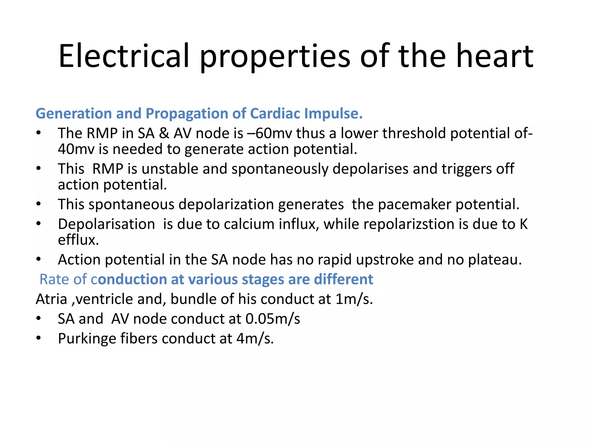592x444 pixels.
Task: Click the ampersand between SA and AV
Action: tap(164, 133)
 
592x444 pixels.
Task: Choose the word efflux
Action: tap(78, 240)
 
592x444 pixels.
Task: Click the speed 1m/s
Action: tap(354, 299)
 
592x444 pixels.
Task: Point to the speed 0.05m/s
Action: tap(273, 319)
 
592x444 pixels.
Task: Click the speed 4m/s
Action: tap(255, 339)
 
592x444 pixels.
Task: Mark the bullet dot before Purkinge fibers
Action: tap(39, 338)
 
